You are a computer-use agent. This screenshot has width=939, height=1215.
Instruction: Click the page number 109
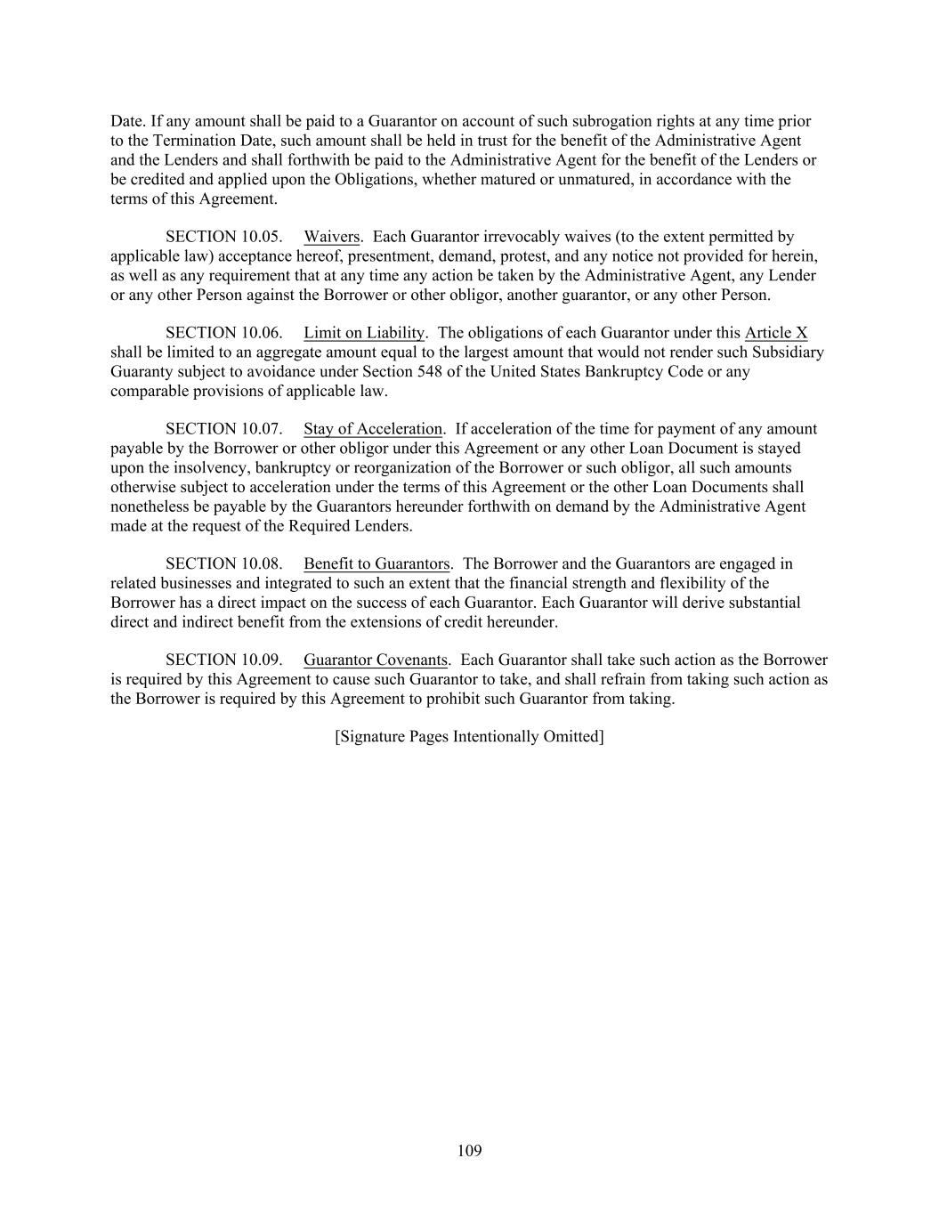coord(469,1151)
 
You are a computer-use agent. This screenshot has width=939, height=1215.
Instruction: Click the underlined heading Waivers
coord(331,237)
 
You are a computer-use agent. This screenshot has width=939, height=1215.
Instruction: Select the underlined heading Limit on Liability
coord(363,333)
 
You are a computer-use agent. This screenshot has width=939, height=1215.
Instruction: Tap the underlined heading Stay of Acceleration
coord(372,429)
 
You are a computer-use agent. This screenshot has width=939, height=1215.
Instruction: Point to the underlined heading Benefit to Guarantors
coord(376,563)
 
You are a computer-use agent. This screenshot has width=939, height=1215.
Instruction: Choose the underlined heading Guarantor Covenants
coord(375,660)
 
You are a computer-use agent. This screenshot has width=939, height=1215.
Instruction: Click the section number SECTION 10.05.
coord(224,237)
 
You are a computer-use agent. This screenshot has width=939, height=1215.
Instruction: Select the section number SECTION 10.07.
coord(224,429)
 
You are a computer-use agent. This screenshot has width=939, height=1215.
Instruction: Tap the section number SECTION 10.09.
coord(224,660)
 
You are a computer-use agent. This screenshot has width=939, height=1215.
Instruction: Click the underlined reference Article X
coord(776,333)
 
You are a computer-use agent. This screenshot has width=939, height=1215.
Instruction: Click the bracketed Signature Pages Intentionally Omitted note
coord(469,736)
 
